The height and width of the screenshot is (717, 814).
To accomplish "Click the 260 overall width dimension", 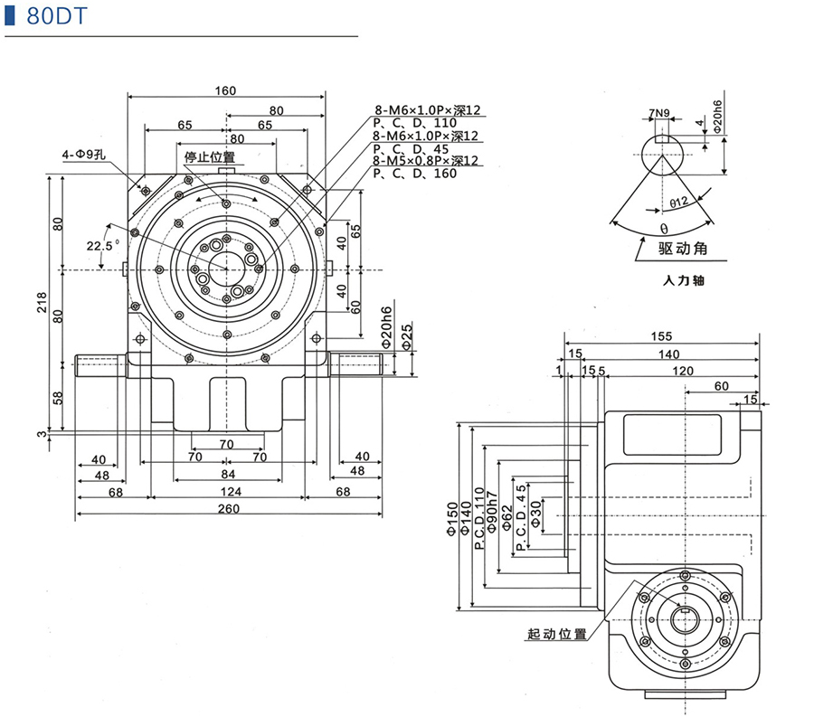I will pyautogui.click(x=228, y=508).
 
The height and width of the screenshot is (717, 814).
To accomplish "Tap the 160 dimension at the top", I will pyautogui.click(x=225, y=90).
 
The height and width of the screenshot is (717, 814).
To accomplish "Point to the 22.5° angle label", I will pyautogui.click(x=101, y=245).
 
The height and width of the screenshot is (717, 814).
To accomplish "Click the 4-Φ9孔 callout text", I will pyautogui.click(x=85, y=155).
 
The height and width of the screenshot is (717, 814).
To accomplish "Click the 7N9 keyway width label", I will pyautogui.click(x=658, y=114).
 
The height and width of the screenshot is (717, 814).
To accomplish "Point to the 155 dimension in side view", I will pyautogui.click(x=660, y=337).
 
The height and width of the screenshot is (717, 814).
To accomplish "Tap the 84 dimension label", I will pyautogui.click(x=227, y=474).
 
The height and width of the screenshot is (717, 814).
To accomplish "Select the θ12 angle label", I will pyautogui.click(x=679, y=203).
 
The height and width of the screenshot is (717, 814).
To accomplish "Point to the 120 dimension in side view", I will pyautogui.click(x=682, y=371).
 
